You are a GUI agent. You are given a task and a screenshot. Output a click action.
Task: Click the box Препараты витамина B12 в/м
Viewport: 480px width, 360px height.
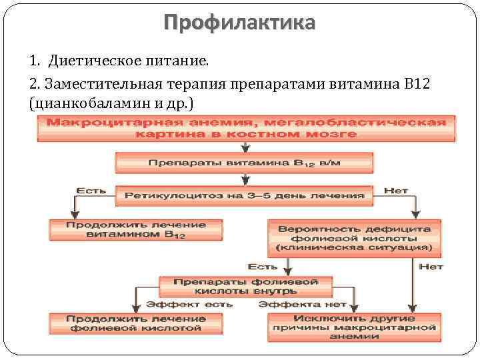(245, 163)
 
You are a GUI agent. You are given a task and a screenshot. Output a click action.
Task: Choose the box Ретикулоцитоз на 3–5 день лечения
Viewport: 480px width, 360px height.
(245, 195)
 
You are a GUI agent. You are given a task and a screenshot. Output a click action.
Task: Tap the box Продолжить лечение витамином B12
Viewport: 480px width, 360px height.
(125, 230)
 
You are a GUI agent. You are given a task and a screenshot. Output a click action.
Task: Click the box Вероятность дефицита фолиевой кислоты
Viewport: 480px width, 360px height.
(354, 237)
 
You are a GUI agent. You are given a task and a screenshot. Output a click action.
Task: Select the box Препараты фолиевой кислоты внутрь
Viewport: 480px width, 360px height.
(245, 286)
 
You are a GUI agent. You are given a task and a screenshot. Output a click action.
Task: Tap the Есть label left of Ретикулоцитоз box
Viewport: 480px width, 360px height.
(89, 191)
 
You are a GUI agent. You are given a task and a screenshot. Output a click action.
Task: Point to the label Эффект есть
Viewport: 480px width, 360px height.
(189, 304)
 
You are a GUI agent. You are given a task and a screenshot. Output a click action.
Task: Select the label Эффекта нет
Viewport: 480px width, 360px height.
(303, 304)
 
